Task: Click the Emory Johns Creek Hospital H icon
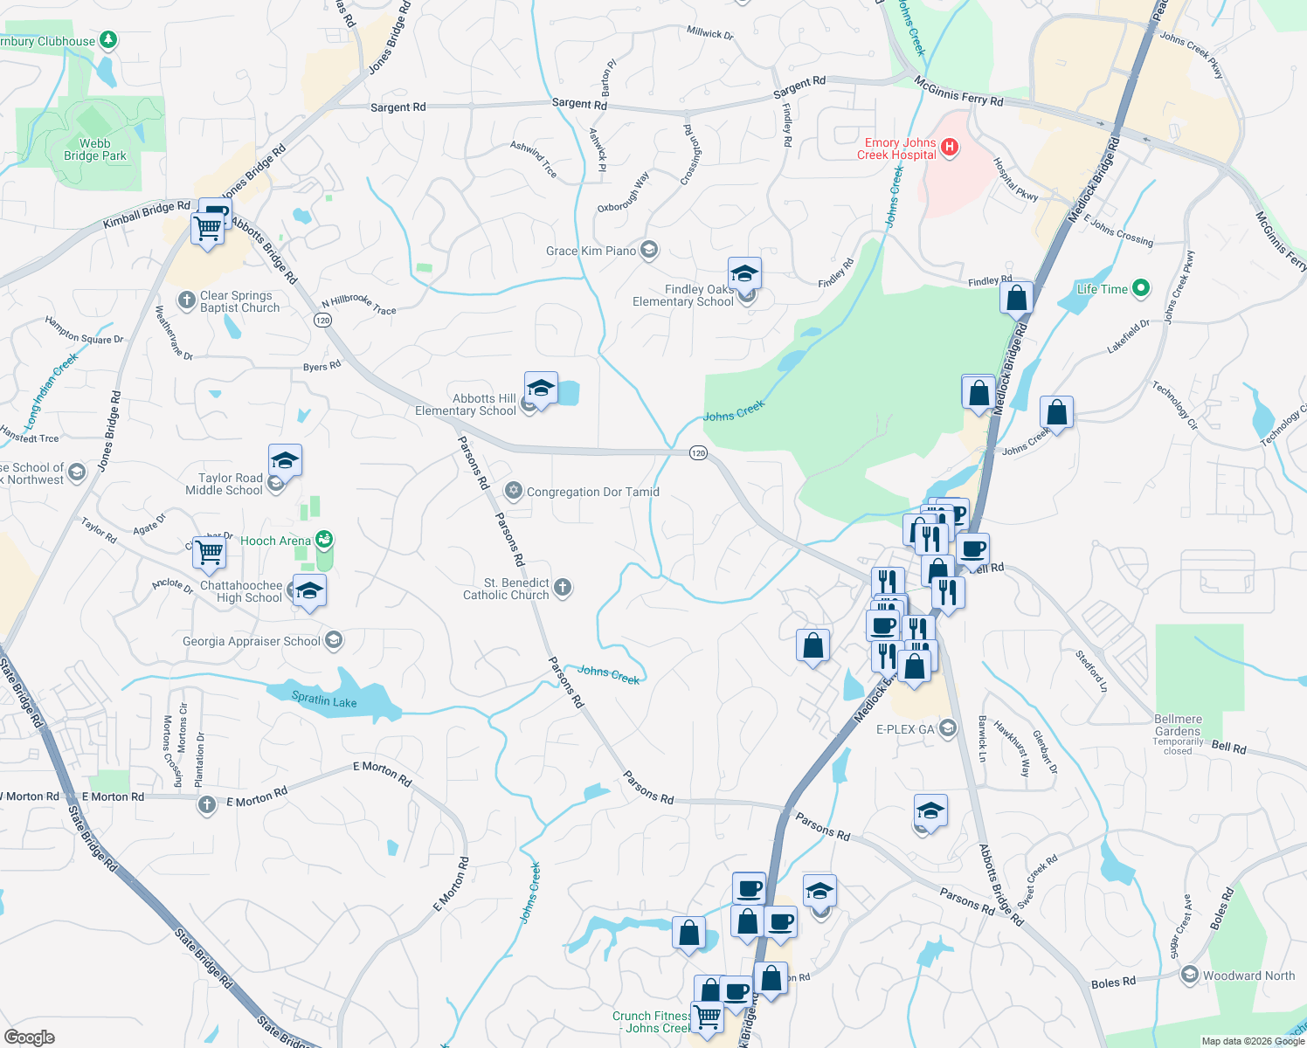[x=950, y=148]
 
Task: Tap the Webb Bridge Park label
[x=94, y=150]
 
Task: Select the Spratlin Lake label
[x=323, y=700]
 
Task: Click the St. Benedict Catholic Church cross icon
[x=563, y=588]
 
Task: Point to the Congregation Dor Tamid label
[x=592, y=493]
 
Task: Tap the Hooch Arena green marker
[x=325, y=541]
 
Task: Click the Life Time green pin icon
[x=1140, y=288]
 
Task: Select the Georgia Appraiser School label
[x=252, y=642]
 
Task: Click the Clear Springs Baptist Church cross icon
[x=186, y=300]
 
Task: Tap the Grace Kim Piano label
[x=591, y=252]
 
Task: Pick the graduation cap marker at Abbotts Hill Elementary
[x=541, y=389]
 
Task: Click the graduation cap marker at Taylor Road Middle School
[x=285, y=460]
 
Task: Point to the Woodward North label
[x=1248, y=976]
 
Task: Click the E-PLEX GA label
[x=905, y=730]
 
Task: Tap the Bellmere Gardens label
[x=1178, y=726]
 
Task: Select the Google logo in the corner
[x=29, y=1038]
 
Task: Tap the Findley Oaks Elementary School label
[x=683, y=296]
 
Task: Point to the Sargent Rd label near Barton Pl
[x=578, y=104]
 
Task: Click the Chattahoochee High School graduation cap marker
[x=309, y=591]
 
